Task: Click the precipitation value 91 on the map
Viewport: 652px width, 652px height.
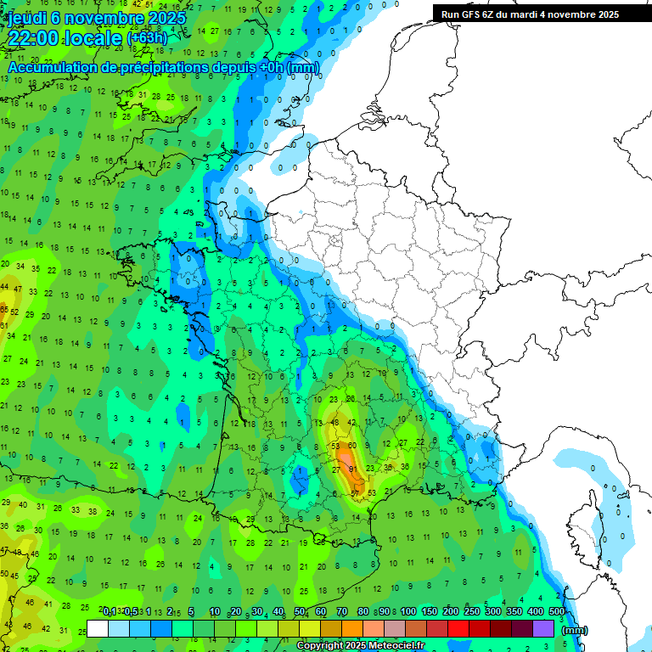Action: click(352, 469)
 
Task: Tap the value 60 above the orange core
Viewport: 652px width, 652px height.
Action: click(352, 446)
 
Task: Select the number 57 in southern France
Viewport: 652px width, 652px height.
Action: click(356, 493)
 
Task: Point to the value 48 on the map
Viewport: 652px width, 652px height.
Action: click(335, 422)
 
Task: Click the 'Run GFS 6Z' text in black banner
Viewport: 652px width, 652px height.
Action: click(471, 14)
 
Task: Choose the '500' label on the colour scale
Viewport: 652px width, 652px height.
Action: click(557, 612)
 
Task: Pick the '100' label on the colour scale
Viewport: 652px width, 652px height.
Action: click(408, 612)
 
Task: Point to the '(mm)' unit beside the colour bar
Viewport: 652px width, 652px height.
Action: click(575, 630)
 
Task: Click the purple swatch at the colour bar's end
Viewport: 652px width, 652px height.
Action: click(543, 628)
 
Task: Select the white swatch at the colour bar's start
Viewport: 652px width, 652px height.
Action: click(98, 628)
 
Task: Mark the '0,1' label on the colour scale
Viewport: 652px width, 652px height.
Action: click(109, 612)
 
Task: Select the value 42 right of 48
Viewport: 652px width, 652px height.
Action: click(351, 422)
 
